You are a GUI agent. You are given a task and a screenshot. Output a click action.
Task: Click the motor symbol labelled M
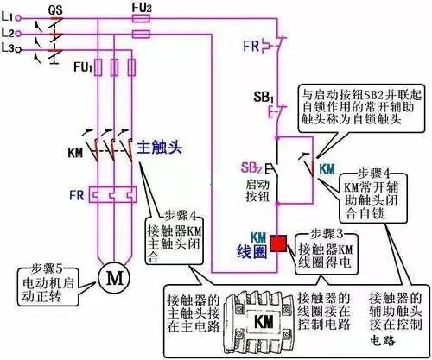(x=111, y=277)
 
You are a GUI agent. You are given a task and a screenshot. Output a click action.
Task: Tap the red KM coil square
(x=278, y=243)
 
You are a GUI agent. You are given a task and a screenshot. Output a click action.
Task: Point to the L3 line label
(x=9, y=50)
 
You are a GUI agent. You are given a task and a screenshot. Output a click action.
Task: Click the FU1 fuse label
(x=82, y=66)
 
